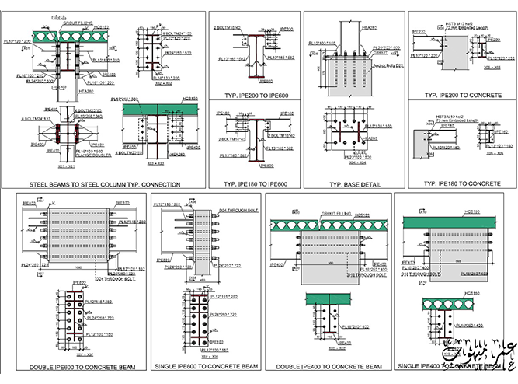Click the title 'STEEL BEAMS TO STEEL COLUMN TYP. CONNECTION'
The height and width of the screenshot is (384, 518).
[105, 184]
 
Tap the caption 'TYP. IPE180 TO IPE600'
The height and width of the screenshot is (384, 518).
[256, 184]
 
